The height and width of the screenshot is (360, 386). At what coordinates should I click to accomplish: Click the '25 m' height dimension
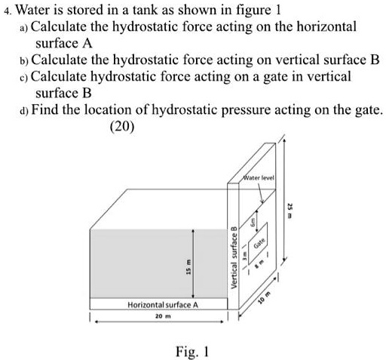[x=290, y=208]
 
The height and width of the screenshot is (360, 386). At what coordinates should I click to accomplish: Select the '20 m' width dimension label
[x=155, y=319]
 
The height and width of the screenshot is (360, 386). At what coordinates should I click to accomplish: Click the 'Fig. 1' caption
[x=191, y=352]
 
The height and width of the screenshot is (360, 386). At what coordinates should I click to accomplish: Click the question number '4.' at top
[x=6, y=11]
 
